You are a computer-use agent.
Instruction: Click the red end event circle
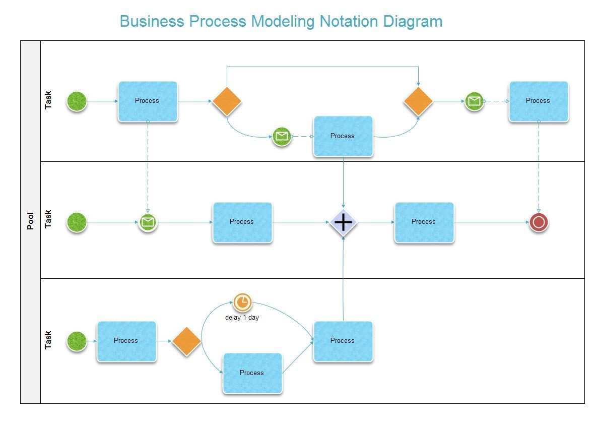pos(539,222)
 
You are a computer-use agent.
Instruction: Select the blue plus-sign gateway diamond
pos(343,222)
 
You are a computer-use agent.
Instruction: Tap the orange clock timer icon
pos(242,302)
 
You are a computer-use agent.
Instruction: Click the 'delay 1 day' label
pos(242,318)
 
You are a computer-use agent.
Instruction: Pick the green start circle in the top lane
pos(77,101)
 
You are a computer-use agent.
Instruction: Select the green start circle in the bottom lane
pos(77,341)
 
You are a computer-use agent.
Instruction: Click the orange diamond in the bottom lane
pos(186,341)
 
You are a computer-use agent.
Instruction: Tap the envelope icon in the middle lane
pos(148,222)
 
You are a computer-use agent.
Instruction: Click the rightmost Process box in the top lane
pos(538,101)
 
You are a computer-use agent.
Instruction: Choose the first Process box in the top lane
pos(147,101)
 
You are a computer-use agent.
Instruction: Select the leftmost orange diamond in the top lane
pos(227,101)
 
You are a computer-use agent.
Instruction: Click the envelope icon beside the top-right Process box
pos(474,101)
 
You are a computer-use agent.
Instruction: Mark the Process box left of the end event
pos(424,222)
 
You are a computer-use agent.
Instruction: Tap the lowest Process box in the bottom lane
pos(252,373)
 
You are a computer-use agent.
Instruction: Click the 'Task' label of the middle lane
pos(48,219)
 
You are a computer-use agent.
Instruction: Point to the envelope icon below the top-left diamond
pos(282,136)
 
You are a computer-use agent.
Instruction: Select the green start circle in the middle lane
pos(77,222)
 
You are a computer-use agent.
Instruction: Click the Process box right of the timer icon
pos(343,341)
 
